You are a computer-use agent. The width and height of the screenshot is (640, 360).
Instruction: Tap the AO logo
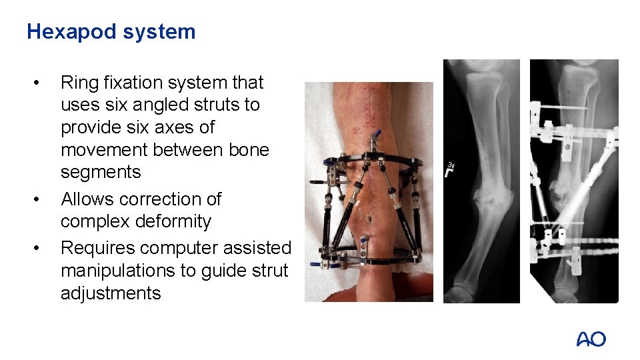tap(591, 339)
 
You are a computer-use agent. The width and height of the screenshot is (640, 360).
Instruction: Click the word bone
tap(248, 149)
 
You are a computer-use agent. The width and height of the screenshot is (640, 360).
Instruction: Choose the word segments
tap(101, 172)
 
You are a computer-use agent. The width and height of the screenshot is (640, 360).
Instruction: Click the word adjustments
tap(111, 293)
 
